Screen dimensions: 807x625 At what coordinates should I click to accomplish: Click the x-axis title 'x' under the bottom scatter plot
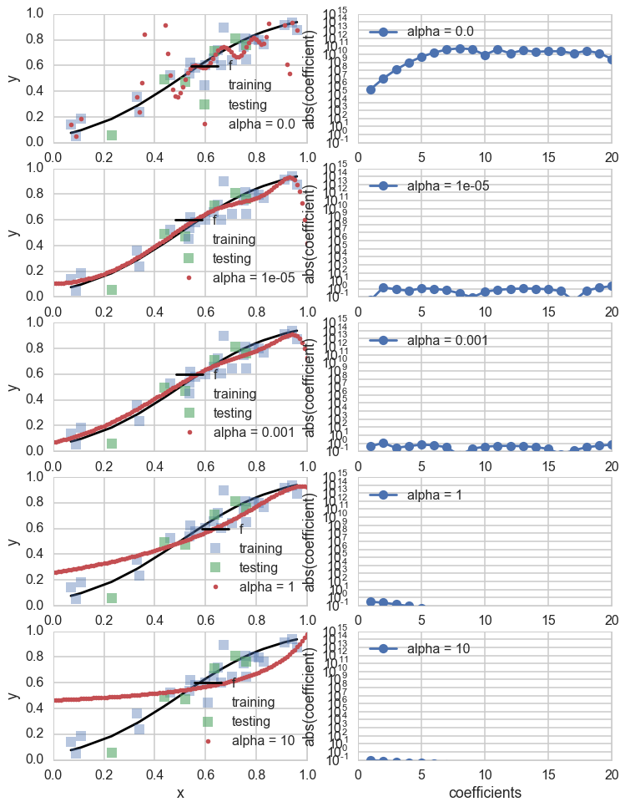point(180,792)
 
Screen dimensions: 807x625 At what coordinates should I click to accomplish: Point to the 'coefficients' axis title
point(485,792)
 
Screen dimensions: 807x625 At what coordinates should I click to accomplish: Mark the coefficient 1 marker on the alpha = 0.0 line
point(370,89)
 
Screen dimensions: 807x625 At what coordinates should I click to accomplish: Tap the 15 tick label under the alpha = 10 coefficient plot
point(548,772)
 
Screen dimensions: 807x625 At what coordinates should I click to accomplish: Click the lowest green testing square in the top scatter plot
point(111,134)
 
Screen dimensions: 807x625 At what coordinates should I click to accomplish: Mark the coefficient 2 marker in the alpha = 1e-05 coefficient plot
point(383,287)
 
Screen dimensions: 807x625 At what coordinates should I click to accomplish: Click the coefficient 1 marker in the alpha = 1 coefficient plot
point(370,601)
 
